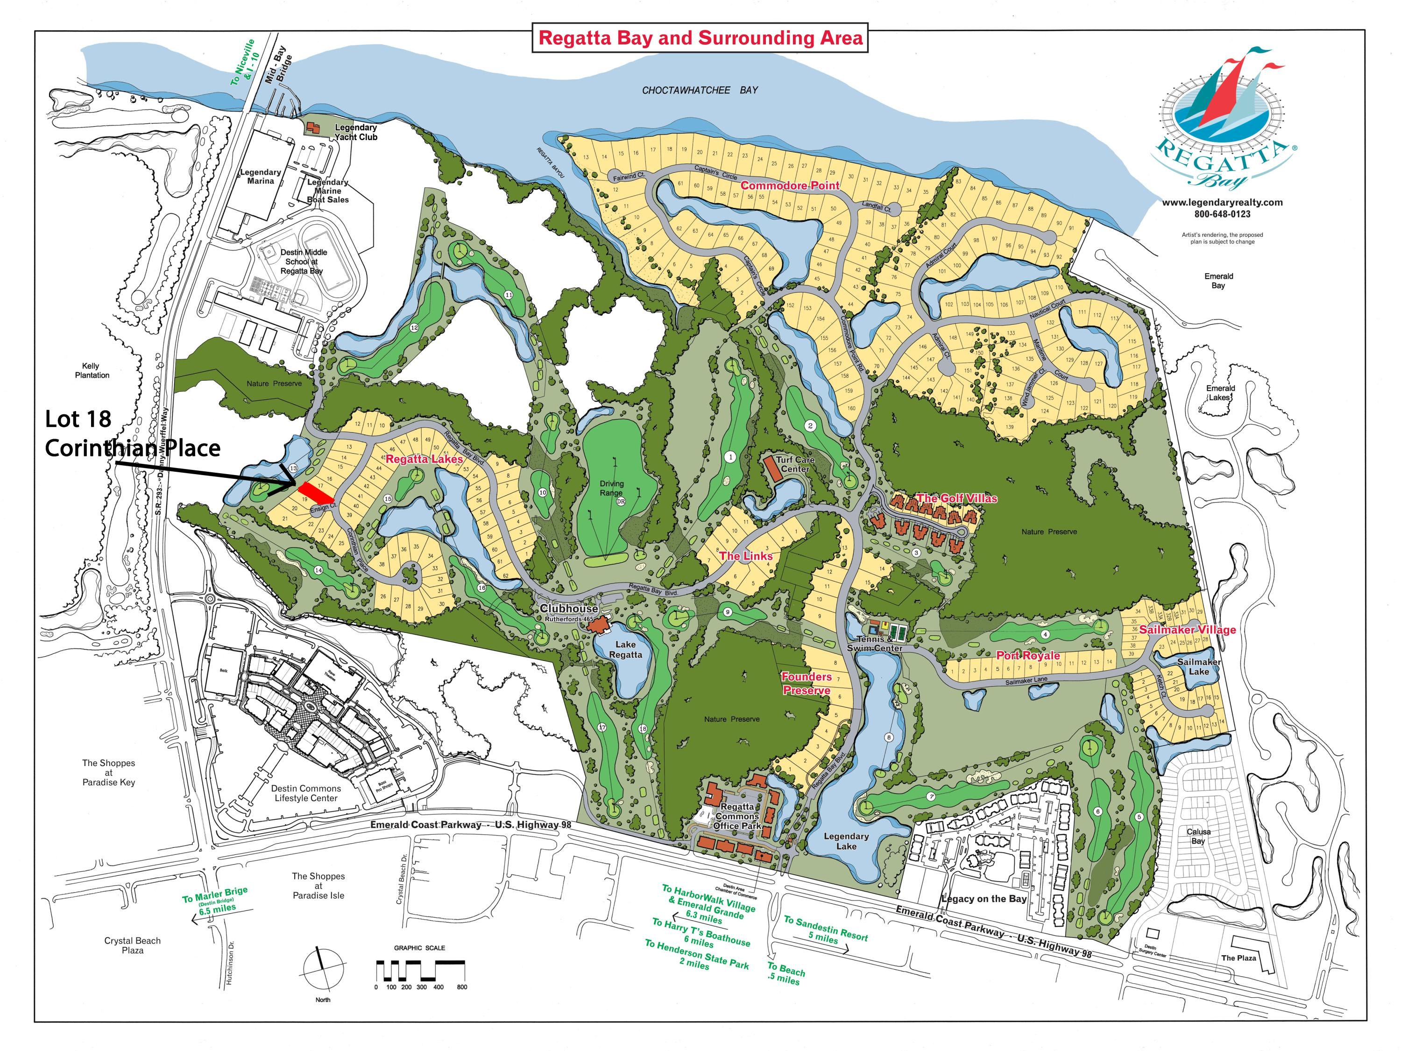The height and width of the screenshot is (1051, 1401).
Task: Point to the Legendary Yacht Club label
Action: tap(355, 132)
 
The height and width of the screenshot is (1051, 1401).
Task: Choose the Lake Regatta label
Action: tap(625, 649)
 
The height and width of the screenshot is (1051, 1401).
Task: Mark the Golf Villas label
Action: tap(956, 498)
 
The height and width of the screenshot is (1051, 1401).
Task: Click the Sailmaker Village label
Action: tap(1187, 629)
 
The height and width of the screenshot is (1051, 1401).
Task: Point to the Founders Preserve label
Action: tap(806, 683)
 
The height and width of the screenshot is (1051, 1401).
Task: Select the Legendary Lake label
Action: tap(846, 841)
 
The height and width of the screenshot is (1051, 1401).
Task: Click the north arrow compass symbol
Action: tap(323, 968)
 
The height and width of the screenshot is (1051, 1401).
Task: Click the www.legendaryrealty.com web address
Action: tap(1222, 203)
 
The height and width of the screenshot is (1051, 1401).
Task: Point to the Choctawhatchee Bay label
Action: tap(700, 91)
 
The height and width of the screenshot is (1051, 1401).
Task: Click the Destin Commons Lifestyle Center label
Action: tap(306, 793)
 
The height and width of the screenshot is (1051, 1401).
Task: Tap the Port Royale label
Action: tap(1028, 656)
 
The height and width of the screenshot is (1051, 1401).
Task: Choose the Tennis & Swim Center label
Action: tap(875, 644)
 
